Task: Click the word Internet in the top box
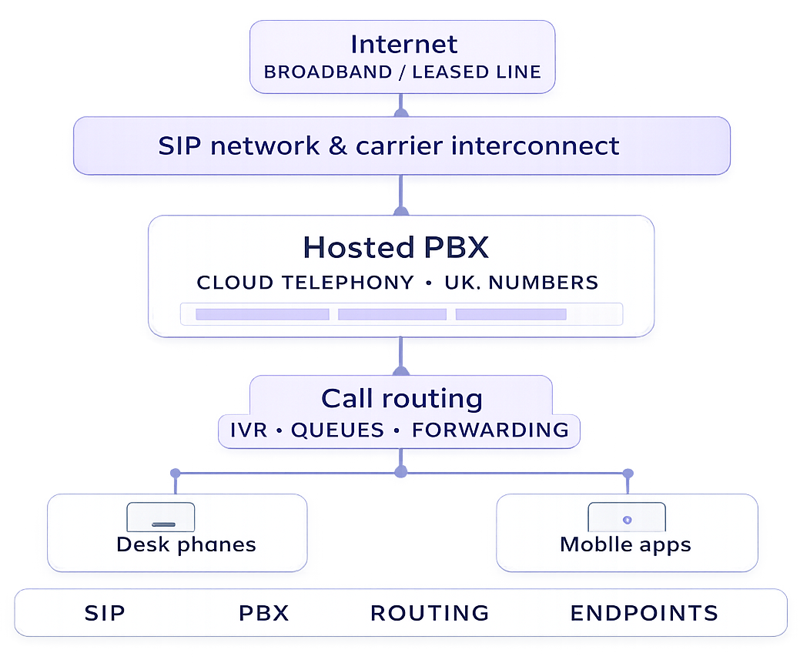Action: tap(403, 44)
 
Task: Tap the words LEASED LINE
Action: tap(477, 72)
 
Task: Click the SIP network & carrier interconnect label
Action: tap(389, 146)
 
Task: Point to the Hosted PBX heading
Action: tap(396, 247)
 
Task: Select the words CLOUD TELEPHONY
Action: tap(305, 283)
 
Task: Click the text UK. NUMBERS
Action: tap(521, 283)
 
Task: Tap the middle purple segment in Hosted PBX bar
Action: tap(392, 314)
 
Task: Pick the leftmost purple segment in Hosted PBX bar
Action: tap(262, 314)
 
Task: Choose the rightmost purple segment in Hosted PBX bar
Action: tap(511, 314)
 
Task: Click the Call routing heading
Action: tap(402, 399)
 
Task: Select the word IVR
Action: tap(249, 430)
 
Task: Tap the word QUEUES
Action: tap(337, 430)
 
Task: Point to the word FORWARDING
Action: tap(490, 430)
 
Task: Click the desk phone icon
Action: tap(161, 517)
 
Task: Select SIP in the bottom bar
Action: tap(105, 613)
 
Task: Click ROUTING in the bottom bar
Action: tap(430, 613)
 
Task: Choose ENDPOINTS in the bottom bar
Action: tap(644, 613)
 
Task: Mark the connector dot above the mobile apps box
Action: tap(628, 473)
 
